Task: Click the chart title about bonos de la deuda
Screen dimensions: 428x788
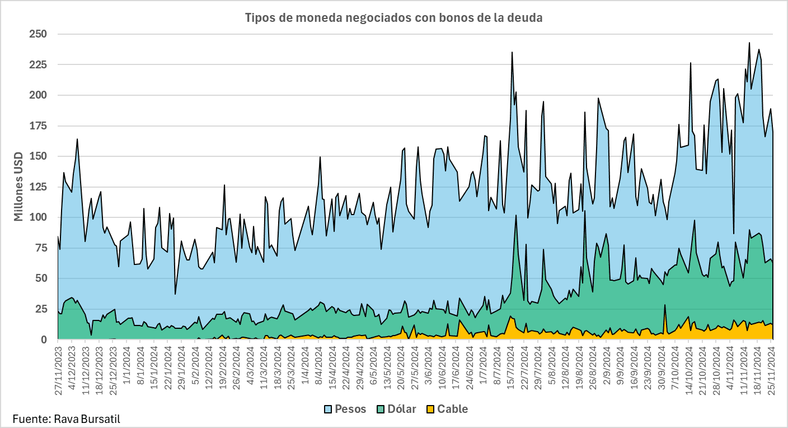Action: [394, 18]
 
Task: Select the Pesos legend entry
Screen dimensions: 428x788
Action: [350, 409]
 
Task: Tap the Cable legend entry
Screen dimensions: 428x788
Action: [452, 409]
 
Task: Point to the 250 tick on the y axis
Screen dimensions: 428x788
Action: [37, 34]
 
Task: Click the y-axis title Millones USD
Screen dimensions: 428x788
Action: [19, 187]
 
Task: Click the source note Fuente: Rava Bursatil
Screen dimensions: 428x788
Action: [66, 418]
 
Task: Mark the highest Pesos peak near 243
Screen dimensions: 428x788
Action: [749, 43]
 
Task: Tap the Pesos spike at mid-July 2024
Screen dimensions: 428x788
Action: [512, 53]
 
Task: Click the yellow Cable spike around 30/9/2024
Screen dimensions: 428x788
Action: [665, 305]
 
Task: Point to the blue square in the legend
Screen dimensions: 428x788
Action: [328, 409]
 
